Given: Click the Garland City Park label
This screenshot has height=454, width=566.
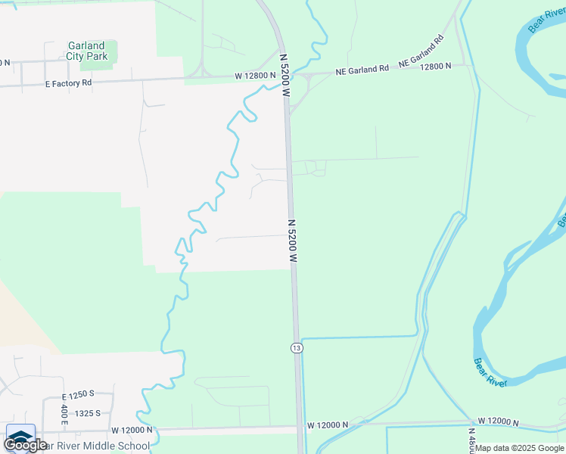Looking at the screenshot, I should pyautogui.click(x=86, y=51).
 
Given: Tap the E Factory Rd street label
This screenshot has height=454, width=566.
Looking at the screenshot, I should pyautogui.click(x=68, y=82).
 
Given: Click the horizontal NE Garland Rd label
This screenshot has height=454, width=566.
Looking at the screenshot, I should pyautogui.click(x=362, y=69).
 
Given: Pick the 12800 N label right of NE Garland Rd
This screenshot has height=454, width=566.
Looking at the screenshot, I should pyautogui.click(x=434, y=66).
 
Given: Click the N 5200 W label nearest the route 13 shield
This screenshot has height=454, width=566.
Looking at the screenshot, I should pyautogui.click(x=293, y=241).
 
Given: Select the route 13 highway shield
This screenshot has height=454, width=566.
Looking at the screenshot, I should pyautogui.click(x=296, y=347).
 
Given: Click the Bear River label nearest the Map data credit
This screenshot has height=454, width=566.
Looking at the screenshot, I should pyautogui.click(x=490, y=372).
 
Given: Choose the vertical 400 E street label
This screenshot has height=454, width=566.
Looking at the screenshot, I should pyautogui.click(x=64, y=414).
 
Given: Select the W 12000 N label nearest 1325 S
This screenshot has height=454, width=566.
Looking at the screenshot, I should pyautogui.click(x=132, y=429).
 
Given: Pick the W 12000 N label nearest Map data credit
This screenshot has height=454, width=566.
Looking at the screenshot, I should pyautogui.click(x=498, y=421).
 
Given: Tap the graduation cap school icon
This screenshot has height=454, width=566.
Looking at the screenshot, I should pyautogui.click(x=20, y=437).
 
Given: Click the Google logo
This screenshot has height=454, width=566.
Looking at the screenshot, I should pyautogui.click(x=25, y=445).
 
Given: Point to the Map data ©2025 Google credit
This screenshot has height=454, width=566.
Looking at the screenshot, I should pyautogui.click(x=519, y=448).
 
